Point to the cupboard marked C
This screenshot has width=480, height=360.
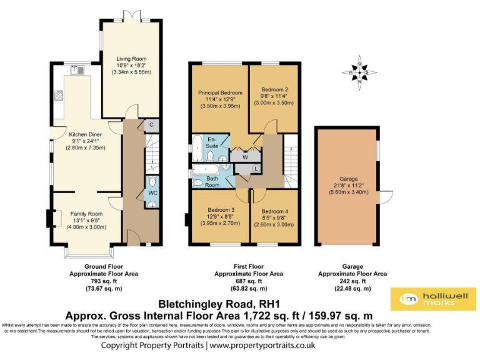(x=151, y=124)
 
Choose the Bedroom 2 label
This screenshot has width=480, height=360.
(x=274, y=89)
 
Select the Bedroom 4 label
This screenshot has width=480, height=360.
(x=274, y=211)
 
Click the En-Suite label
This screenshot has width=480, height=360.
(x=212, y=142)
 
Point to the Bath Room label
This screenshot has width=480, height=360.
(x=212, y=181)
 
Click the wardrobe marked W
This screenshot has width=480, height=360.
(x=245, y=157)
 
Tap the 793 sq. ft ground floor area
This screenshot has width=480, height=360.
(x=103, y=281)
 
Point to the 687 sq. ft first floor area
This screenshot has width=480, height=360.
(x=248, y=281)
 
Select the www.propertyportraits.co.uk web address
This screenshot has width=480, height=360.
(x=262, y=345)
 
